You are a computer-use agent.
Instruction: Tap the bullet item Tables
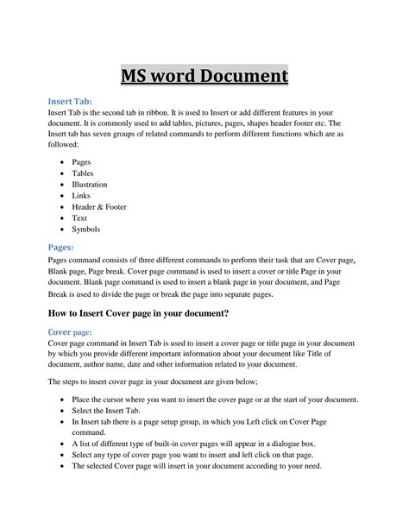pyautogui.click(x=83, y=173)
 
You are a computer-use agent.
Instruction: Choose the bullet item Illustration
pyautogui.click(x=90, y=184)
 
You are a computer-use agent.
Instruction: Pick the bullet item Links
pyautogui.click(x=81, y=195)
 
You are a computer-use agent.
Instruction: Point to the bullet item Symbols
pyautogui.click(x=86, y=229)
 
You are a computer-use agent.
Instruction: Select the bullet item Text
pyautogui.click(x=79, y=217)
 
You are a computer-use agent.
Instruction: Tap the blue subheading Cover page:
pyautogui.click(x=71, y=331)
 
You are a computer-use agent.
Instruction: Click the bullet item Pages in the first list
pyautogui.click(x=82, y=161)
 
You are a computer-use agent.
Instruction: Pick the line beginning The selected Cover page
pyautogui.click(x=196, y=466)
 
